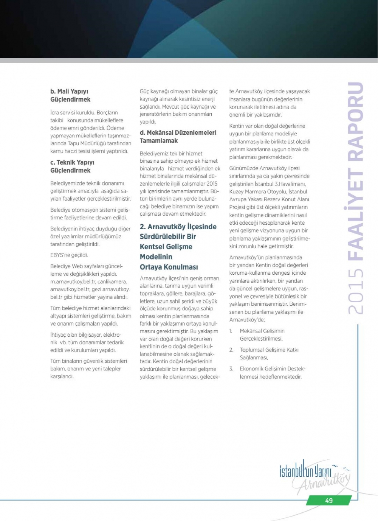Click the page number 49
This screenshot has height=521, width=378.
click(x=328, y=500)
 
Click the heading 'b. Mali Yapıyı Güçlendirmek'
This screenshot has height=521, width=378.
click(x=70, y=95)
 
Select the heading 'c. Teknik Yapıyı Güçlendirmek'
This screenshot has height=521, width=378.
click(x=72, y=166)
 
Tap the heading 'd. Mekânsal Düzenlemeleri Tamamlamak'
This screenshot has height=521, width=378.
click(x=178, y=137)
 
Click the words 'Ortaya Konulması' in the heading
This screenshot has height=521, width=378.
click(x=169, y=267)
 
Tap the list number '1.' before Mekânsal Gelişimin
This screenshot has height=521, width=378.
click(x=231, y=331)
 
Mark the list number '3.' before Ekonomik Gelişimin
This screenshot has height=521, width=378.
click(x=231, y=369)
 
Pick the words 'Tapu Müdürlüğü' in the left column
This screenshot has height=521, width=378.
click(x=86, y=143)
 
